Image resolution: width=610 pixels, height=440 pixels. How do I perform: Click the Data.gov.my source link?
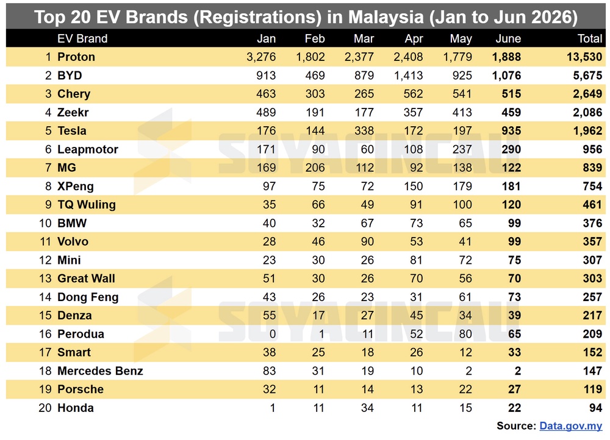coord(571,426)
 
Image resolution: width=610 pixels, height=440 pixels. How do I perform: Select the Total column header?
coord(590,38)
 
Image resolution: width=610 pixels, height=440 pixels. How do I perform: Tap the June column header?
coord(508,38)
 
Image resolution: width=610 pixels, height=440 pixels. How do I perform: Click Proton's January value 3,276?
coord(261,57)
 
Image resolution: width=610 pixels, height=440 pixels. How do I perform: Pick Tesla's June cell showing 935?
coord(511,130)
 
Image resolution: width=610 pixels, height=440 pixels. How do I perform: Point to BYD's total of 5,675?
coord(587,76)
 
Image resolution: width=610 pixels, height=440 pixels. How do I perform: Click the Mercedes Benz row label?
coord(100,371)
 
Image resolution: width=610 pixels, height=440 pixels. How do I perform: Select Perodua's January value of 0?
coord(273,334)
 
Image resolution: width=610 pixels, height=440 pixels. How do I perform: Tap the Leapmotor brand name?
coord(87,149)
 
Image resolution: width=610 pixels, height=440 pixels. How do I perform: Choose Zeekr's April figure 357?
coord(413,112)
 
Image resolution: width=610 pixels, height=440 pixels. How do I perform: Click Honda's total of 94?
coord(595,408)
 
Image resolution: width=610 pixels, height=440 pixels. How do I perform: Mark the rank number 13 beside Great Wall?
coord(45,279)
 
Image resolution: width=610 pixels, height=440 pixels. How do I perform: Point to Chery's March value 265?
coord(364,94)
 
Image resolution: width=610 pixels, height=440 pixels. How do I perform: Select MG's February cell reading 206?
coord(315,168)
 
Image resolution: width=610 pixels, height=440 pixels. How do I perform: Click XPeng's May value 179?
coord(462,186)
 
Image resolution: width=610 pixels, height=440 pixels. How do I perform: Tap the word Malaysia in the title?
coord(386,17)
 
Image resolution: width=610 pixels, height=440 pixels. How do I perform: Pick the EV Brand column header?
coord(82,38)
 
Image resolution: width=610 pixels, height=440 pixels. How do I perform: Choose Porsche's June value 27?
coord(514,389)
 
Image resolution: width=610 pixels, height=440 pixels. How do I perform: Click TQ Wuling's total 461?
coord(592,204)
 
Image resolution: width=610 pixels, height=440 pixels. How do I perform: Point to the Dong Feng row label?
coord(88,297)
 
